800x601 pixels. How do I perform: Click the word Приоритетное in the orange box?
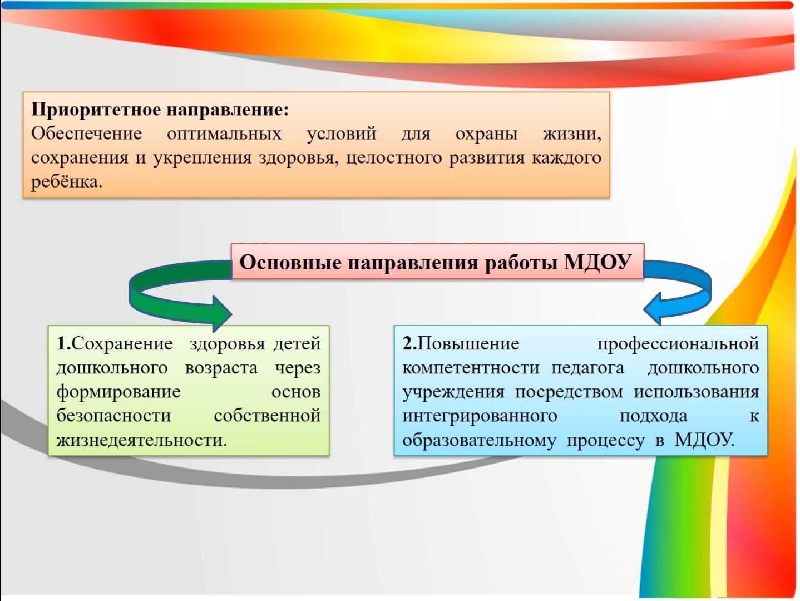click(x=96, y=109)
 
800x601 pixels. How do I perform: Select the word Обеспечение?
click(x=86, y=134)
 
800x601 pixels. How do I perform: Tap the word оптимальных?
click(x=224, y=134)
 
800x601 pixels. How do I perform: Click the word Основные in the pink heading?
click(x=290, y=262)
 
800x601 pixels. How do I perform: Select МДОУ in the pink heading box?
click(x=597, y=262)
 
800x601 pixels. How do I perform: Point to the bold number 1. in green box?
click(x=64, y=343)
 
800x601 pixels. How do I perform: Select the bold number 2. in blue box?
click(x=409, y=343)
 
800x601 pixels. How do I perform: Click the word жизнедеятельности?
click(x=142, y=440)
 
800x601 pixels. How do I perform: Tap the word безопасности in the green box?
click(x=113, y=416)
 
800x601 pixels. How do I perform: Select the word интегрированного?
click(x=480, y=416)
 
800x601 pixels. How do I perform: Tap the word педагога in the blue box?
click(x=587, y=368)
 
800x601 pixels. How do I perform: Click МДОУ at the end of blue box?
click(x=704, y=440)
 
